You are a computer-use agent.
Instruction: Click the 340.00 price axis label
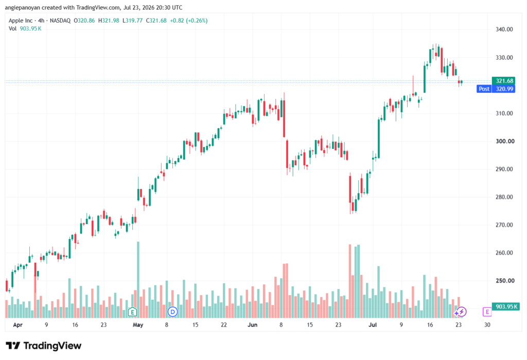pos(504,29)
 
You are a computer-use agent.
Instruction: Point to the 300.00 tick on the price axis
pos(505,141)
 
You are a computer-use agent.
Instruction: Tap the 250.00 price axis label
pos(504,281)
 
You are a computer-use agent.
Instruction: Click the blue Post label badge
pos(484,89)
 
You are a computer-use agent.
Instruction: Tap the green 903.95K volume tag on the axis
pos(505,306)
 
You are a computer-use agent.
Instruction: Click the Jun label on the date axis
pos(252,324)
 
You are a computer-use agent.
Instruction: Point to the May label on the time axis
pos(138,324)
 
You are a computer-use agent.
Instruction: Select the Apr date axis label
pos(18,324)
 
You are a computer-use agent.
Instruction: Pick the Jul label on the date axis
pos(373,324)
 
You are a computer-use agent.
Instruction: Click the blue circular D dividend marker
pos(172,312)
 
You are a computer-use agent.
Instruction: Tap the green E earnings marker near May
pos(132,312)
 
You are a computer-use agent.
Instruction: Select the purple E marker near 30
pos(487,312)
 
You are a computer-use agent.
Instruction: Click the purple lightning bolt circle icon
pos(462,312)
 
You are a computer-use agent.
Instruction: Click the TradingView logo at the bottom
pos(44,346)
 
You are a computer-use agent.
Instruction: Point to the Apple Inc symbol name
pos(21,21)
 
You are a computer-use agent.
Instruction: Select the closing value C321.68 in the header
pos(156,21)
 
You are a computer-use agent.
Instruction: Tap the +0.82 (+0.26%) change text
pos(188,21)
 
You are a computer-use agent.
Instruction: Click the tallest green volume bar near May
pos(138,280)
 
